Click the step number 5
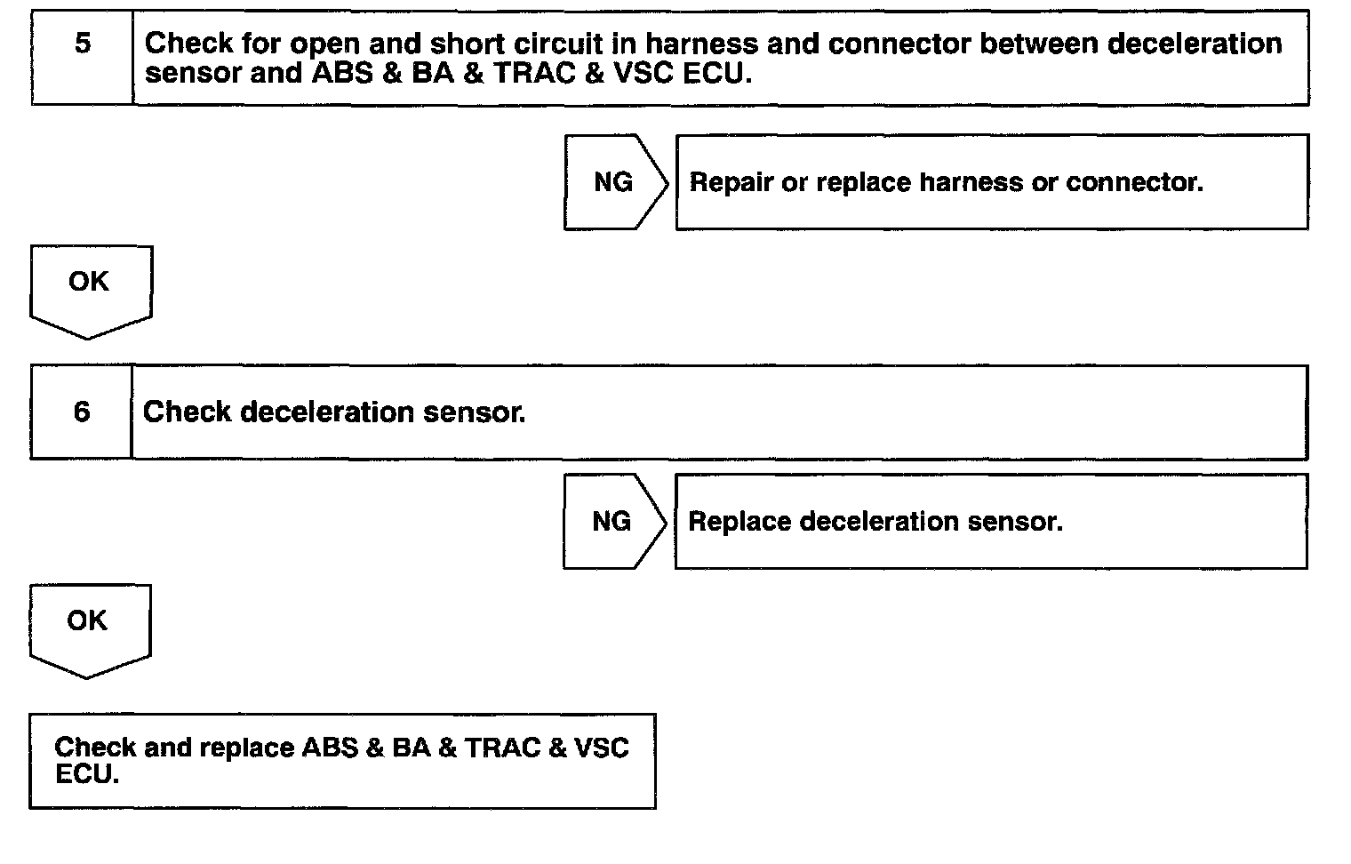click(x=83, y=43)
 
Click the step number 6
click(x=82, y=412)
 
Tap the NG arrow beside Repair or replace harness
click(x=613, y=182)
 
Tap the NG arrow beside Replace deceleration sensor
click(x=612, y=521)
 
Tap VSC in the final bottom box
click(x=602, y=747)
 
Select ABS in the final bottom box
click(x=330, y=747)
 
